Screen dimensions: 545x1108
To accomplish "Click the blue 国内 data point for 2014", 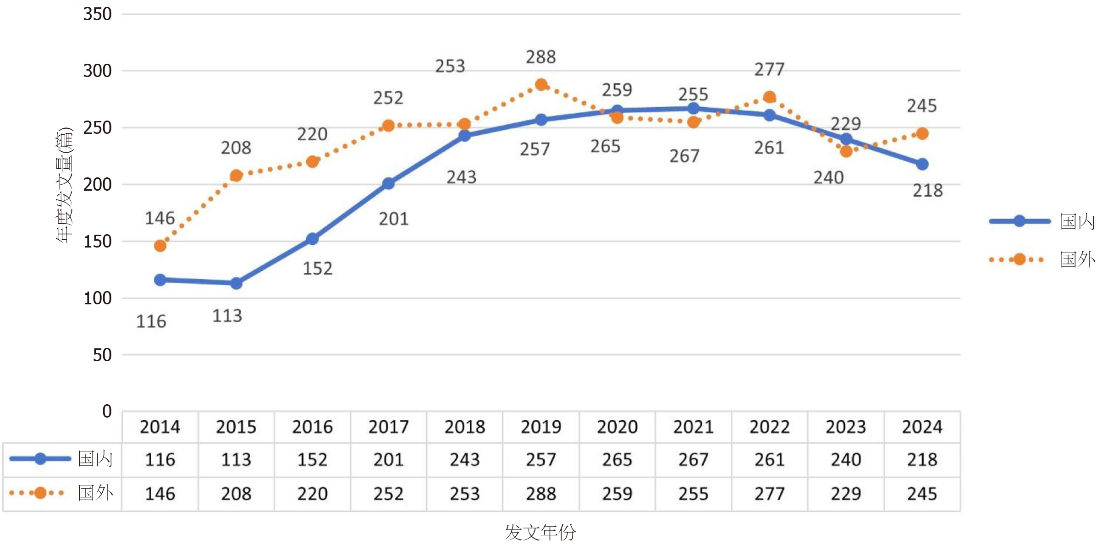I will point(160,280).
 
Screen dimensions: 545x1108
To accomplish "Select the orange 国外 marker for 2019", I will point(541,85).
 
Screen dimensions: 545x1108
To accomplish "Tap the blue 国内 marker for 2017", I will point(388,183).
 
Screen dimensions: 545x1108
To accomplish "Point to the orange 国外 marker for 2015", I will point(236,176).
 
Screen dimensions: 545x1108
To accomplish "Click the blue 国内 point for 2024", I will point(922,164).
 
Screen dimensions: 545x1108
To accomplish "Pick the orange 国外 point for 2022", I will point(770,97).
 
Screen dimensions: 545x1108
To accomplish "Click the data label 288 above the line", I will point(541,57).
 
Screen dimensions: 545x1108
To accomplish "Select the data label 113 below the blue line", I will point(227,316).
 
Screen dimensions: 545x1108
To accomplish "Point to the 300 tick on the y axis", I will point(97,71).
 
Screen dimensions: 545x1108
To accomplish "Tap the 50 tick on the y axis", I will point(102,355).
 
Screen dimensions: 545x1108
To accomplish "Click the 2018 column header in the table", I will point(465,427).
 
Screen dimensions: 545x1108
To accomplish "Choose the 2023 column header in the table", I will point(846,427).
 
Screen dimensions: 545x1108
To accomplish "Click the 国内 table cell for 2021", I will point(693,459).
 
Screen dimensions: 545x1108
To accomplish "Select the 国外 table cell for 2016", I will point(312,494).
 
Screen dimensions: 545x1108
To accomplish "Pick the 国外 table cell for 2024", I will point(922,494).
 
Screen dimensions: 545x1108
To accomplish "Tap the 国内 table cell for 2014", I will point(160,459).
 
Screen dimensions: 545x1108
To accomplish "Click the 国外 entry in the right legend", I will point(1077,259).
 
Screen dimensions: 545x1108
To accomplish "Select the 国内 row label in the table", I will point(95,458).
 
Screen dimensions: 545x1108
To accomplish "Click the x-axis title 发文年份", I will point(540,532).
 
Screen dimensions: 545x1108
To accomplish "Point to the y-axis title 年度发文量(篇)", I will point(65,184).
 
